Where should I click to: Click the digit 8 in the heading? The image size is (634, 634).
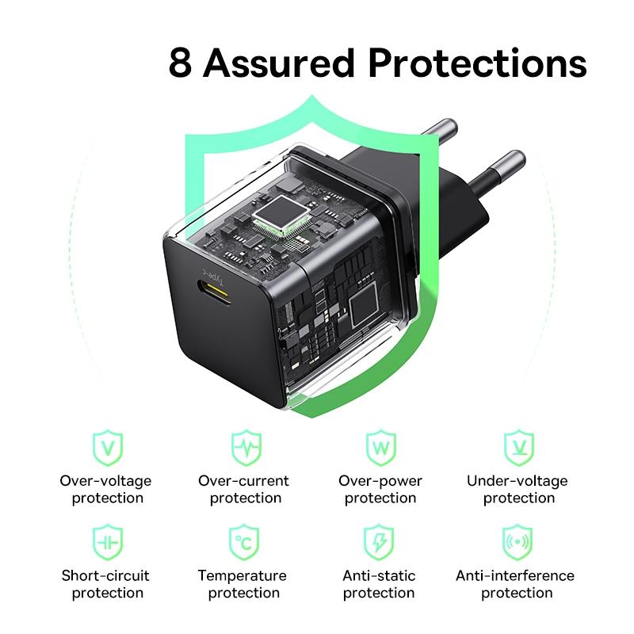181,63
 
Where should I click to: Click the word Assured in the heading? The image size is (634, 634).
278,63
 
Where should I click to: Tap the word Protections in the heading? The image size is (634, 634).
477,63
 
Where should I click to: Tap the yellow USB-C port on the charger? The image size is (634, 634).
215,292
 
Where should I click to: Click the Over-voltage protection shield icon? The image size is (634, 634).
107,448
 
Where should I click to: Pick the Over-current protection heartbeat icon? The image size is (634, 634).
246,448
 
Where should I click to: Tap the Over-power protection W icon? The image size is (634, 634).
380,448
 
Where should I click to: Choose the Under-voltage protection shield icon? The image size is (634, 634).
519,448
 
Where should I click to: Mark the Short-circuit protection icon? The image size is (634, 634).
107,542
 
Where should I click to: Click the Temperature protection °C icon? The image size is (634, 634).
244,542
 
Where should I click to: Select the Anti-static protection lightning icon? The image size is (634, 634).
379,542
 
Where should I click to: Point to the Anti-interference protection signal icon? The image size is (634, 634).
518,542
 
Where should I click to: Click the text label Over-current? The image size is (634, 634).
243,481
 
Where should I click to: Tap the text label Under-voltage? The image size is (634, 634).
518,481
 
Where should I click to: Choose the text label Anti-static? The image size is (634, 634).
379,575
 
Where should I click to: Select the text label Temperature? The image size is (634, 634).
243,576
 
